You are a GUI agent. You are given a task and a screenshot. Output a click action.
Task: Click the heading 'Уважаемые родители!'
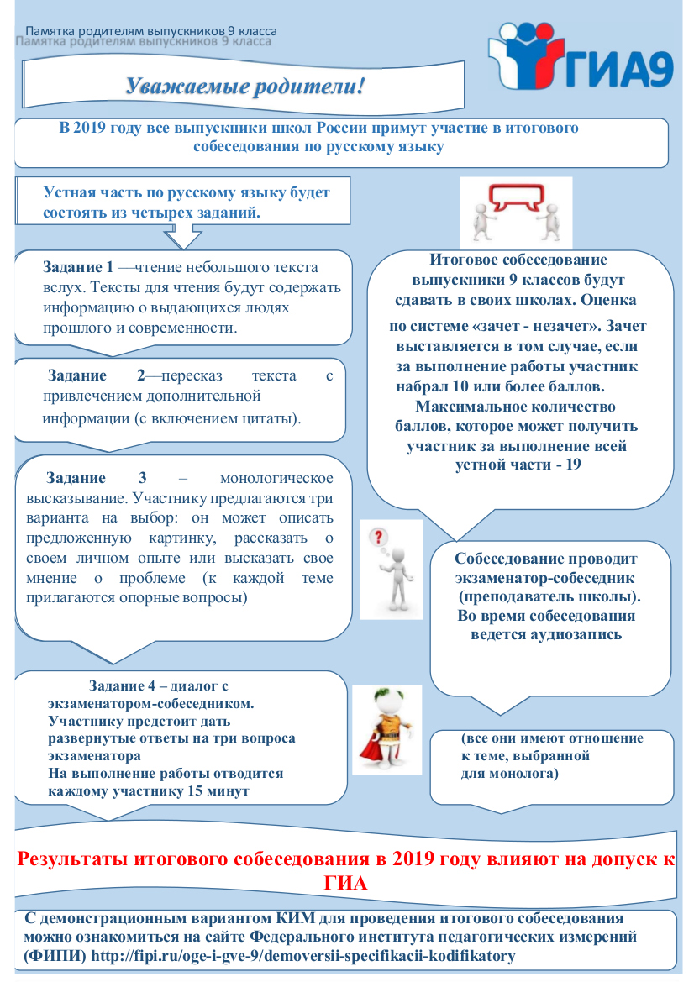244,86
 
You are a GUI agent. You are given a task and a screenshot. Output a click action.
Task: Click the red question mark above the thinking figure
379,536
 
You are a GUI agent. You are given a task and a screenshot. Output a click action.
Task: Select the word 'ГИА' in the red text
345,884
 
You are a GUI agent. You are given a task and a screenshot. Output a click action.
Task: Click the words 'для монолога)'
510,774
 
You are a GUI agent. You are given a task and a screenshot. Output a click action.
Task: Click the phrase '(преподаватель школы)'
549,597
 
